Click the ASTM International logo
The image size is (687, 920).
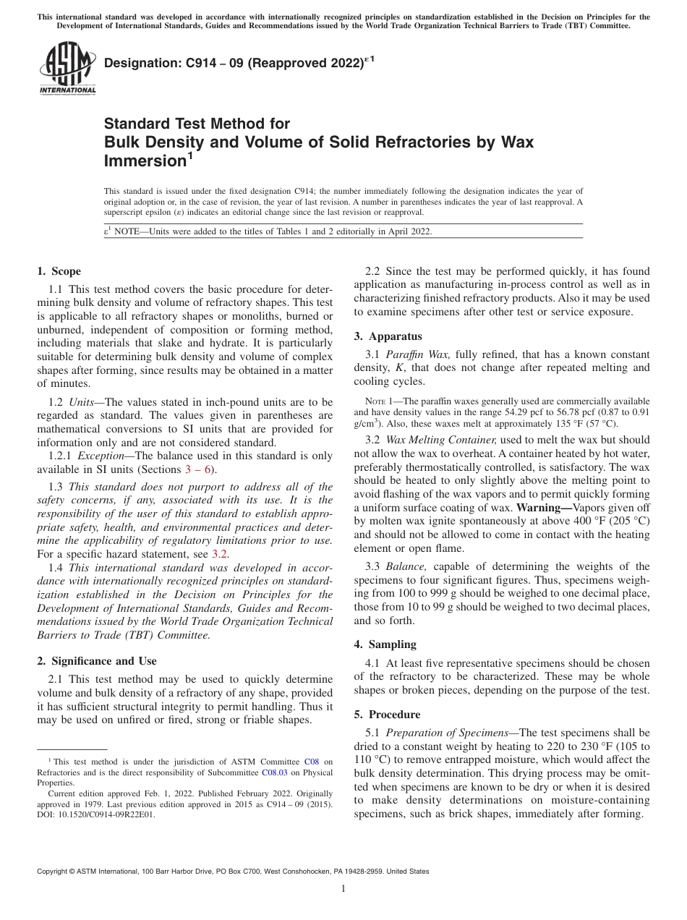tap(67, 69)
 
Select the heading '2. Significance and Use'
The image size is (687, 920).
tap(96, 661)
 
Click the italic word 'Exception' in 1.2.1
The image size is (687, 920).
tap(103, 456)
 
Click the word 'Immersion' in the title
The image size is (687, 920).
tap(145, 160)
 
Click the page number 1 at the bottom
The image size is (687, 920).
tap(343, 889)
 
